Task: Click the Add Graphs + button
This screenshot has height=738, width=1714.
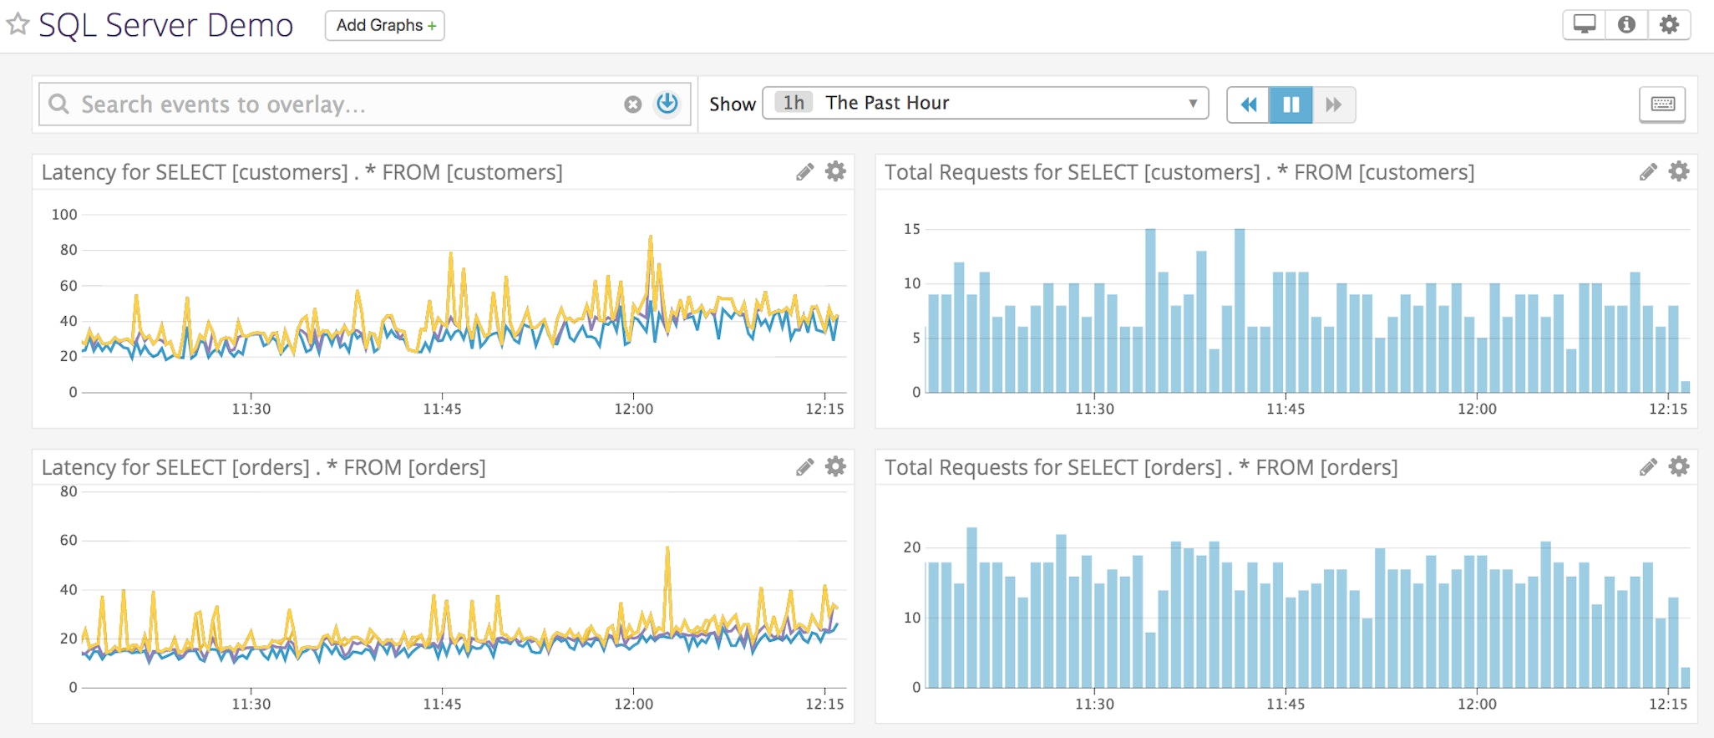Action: pyautogui.click(x=384, y=26)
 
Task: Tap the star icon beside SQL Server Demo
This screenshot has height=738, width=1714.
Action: pyautogui.click(x=18, y=24)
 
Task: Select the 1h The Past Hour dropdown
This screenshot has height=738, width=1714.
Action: pyautogui.click(x=985, y=103)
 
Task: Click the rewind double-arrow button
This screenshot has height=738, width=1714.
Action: pyautogui.click(x=1248, y=104)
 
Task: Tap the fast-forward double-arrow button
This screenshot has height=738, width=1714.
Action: pyautogui.click(x=1333, y=104)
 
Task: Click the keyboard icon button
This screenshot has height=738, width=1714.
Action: pyautogui.click(x=1662, y=104)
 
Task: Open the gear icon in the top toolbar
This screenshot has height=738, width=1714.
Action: pyautogui.click(x=1669, y=25)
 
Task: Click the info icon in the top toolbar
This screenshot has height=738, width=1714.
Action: pyautogui.click(x=1626, y=25)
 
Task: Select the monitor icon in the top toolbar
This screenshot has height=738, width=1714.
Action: pyautogui.click(x=1584, y=25)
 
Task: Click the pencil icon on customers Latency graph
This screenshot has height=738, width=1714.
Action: pyautogui.click(x=804, y=172)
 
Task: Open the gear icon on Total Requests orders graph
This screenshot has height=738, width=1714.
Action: pyautogui.click(x=1678, y=466)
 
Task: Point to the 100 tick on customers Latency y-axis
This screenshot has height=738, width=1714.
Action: pyautogui.click(x=64, y=215)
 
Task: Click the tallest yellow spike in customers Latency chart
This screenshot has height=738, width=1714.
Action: pyautogui.click(x=650, y=239)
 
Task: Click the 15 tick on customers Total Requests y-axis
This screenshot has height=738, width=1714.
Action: pyautogui.click(x=911, y=229)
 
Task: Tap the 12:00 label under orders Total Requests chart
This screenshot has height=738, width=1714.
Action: pyautogui.click(x=1477, y=704)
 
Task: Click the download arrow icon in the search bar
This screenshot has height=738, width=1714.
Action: pyautogui.click(x=667, y=104)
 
